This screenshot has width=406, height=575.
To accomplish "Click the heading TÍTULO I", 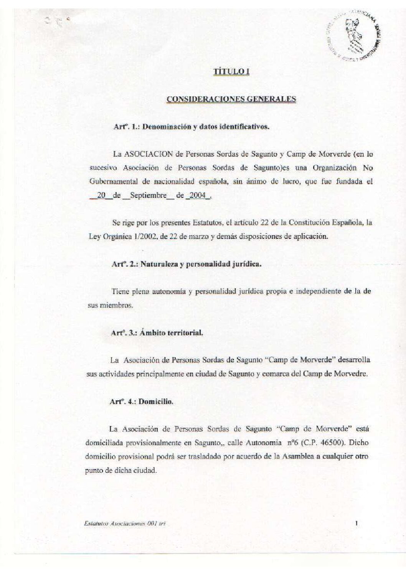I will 231,72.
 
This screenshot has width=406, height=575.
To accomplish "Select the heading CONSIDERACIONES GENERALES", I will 231,99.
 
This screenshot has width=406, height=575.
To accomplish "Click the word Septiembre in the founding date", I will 148,195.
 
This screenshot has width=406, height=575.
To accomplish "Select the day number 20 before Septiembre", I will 101,195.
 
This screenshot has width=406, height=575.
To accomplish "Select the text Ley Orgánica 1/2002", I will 122,237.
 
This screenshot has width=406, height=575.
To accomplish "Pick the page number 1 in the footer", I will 357,523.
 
